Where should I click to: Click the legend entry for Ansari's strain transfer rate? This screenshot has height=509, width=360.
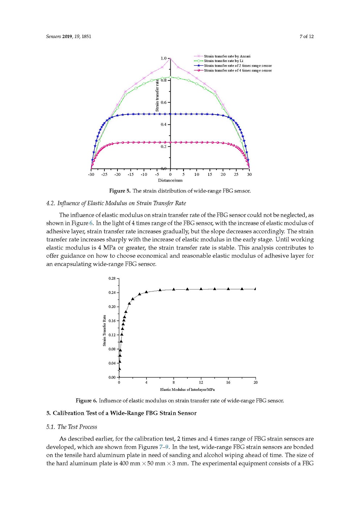tap(227, 56)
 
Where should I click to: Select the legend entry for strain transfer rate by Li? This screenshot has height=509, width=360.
tap(223, 61)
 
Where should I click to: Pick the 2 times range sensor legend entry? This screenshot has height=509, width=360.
tap(237, 66)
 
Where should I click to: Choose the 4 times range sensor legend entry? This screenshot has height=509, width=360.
tap(237, 70)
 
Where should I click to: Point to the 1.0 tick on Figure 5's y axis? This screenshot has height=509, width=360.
tap(164, 58)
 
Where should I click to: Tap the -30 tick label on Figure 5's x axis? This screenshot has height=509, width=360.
tap(91, 174)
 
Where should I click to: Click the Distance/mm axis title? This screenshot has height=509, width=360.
tap(170, 180)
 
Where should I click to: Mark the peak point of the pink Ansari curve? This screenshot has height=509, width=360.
tap(170, 59)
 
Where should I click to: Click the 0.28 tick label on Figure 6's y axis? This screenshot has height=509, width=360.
tap(112, 278)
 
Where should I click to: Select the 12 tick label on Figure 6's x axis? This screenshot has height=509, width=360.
tap(201, 382)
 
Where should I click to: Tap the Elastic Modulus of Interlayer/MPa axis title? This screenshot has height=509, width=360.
tap(187, 389)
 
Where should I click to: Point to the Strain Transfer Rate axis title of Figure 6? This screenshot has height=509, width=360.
tap(104, 330)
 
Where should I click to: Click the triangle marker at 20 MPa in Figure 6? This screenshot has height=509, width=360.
tap(255, 289)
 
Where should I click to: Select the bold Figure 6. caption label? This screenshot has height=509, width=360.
tap(86, 401)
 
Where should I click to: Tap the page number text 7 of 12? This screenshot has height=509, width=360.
tap(306, 36)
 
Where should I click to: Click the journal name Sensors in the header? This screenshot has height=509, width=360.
tap(54, 36)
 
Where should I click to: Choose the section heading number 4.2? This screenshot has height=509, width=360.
tap(51, 203)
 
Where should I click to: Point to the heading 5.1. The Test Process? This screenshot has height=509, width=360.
tap(72, 427)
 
